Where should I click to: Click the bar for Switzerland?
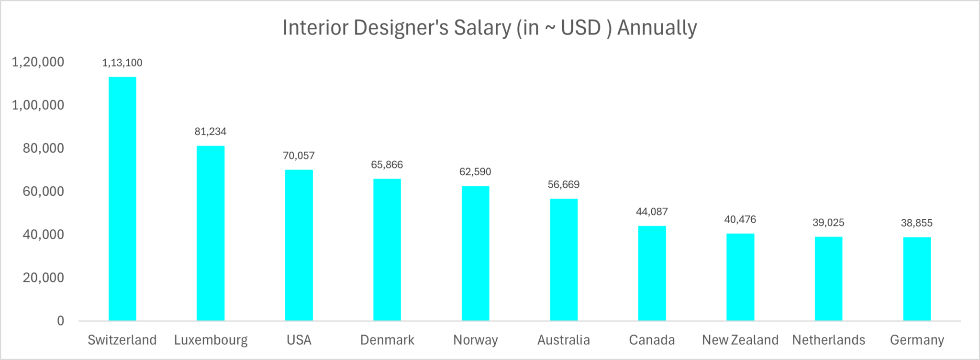(122, 199)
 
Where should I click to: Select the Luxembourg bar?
(211, 233)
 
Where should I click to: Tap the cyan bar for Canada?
(652, 273)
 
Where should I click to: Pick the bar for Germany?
(917, 279)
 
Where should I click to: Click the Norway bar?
(475, 253)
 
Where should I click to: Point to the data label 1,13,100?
(122, 63)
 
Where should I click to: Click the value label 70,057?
(299, 156)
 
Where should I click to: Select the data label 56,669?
(564, 185)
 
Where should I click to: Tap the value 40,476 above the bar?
(740, 220)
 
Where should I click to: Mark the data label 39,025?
(828, 223)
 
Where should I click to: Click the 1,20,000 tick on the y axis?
(38, 62)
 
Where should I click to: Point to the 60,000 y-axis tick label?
(44, 191)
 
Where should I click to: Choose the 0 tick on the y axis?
(60, 321)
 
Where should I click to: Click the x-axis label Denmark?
(387, 340)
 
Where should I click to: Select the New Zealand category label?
(740, 340)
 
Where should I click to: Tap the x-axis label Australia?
(564, 340)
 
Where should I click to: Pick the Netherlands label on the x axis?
(828, 340)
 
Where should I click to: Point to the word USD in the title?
(580, 28)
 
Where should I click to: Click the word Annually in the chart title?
(657, 28)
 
